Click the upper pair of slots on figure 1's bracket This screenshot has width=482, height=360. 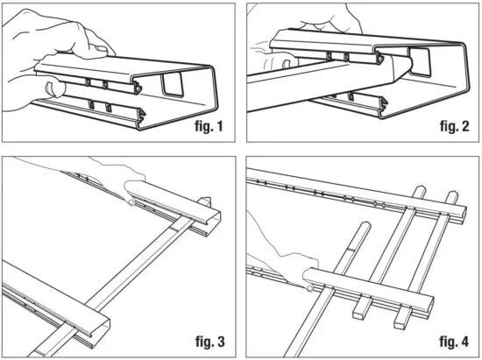click(97, 84)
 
